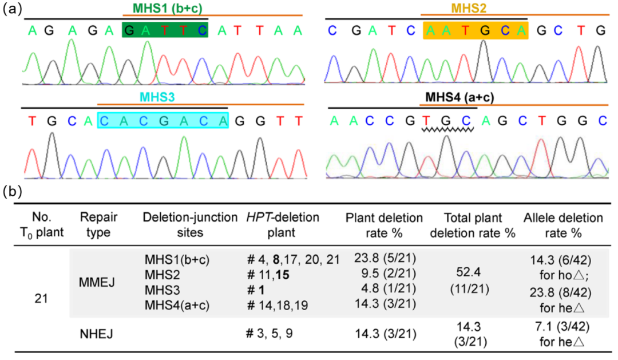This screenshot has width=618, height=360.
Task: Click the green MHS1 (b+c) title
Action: click(166, 8)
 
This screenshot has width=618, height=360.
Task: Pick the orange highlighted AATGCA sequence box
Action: click(474, 29)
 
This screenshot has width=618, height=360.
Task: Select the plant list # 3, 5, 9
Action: click(270, 332)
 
